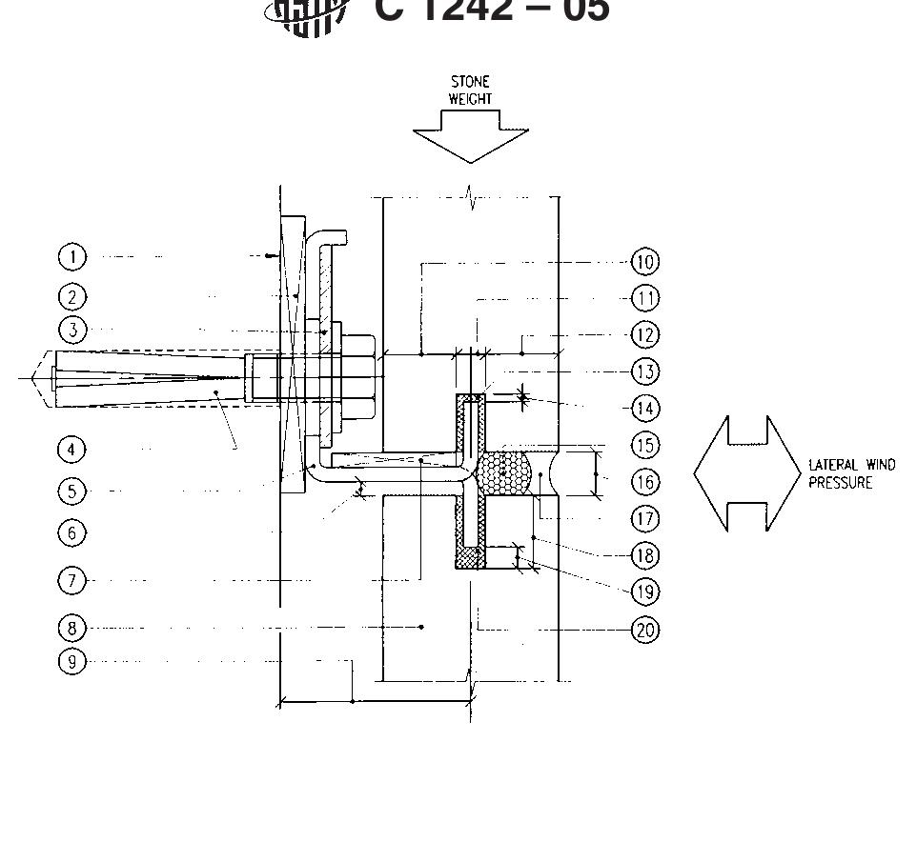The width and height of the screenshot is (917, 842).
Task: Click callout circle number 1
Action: pos(72,257)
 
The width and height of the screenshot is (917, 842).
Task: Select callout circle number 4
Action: pos(72,449)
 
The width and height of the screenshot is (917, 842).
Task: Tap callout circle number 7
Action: pos(72,580)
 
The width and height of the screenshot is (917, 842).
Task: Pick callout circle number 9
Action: pos(72,662)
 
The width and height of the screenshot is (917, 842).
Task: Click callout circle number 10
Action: pos(645,262)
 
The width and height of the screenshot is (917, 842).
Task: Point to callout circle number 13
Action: pos(645,371)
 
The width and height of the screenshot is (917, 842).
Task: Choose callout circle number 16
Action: pos(645,482)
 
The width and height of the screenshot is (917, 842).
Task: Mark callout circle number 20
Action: pos(645,630)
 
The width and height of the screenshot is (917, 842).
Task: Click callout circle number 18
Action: pos(645,555)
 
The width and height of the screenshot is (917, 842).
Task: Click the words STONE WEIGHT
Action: pos(470,90)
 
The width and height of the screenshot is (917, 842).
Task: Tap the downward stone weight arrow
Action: pos(470,136)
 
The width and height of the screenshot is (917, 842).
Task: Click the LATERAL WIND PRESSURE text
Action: pos(851,473)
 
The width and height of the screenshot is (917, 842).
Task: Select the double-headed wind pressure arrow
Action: pos(747,473)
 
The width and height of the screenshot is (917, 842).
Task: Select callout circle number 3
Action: pos(72,331)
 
